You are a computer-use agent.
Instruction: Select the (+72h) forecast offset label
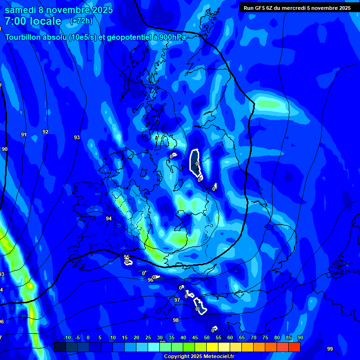[81, 21]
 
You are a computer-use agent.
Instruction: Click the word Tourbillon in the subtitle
[25, 37]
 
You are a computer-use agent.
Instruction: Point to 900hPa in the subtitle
[170, 37]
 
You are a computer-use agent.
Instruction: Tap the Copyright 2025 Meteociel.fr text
[199, 357]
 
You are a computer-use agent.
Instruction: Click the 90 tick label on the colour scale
[300, 338]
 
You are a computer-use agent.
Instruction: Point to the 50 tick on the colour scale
[206, 338]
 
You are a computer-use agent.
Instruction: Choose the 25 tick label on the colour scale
[148, 338]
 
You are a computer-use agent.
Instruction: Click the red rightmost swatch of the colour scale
[294, 347]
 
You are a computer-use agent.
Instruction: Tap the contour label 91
[23, 135]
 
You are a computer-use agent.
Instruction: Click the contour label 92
[45, 132]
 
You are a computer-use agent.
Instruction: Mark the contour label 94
[109, 219]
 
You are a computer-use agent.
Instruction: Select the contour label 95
[127, 257]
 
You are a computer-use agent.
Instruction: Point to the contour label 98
[176, 321]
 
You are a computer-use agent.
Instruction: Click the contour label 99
[330, 349]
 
